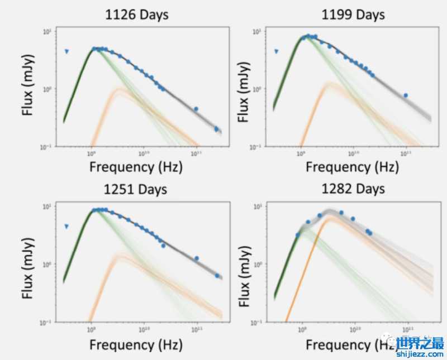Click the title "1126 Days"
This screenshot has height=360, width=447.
coord(137,15)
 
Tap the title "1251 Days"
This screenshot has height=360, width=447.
coord(136,190)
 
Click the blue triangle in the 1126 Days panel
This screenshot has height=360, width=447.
coord(66,52)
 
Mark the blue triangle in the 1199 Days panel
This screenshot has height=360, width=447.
coord(277,52)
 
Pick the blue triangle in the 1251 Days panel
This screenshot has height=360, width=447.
coord(66,227)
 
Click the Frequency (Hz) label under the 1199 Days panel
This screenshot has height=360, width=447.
coord(353,166)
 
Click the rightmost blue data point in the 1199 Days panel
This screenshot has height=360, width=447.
coord(406,95)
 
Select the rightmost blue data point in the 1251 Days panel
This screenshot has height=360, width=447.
coord(217,276)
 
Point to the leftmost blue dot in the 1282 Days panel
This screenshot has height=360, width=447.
coord(297,235)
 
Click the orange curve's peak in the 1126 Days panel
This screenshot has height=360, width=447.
coord(120,89)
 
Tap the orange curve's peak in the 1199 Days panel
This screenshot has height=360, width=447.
coord(330,84)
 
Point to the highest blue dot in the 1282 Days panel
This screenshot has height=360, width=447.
coord(341,213)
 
